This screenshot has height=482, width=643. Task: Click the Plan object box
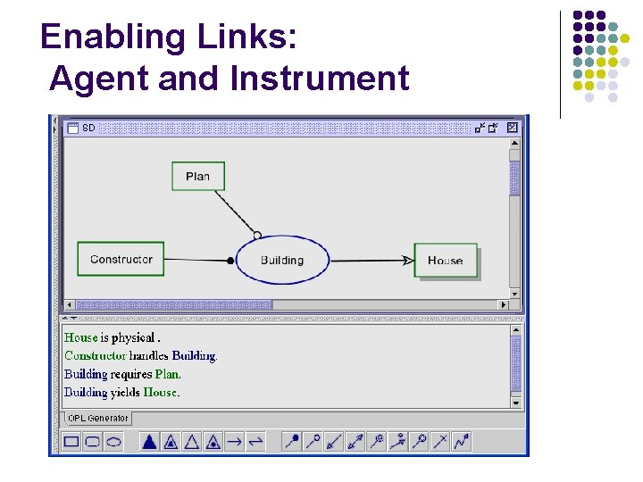[197, 176]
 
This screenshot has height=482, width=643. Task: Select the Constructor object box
[121, 260]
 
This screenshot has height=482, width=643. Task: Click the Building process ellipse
[282, 261]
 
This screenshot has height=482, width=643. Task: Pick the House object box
[445, 261]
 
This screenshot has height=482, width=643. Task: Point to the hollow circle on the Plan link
[257, 236]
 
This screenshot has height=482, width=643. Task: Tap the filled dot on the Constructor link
[230, 261]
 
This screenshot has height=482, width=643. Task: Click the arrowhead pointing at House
[407, 261]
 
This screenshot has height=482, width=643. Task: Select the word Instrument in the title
[319, 79]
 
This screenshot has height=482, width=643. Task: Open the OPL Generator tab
[97, 419]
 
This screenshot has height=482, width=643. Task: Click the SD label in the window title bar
[88, 128]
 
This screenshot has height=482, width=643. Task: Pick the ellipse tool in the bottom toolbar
[113, 441]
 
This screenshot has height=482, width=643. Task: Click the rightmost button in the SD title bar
[512, 128]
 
